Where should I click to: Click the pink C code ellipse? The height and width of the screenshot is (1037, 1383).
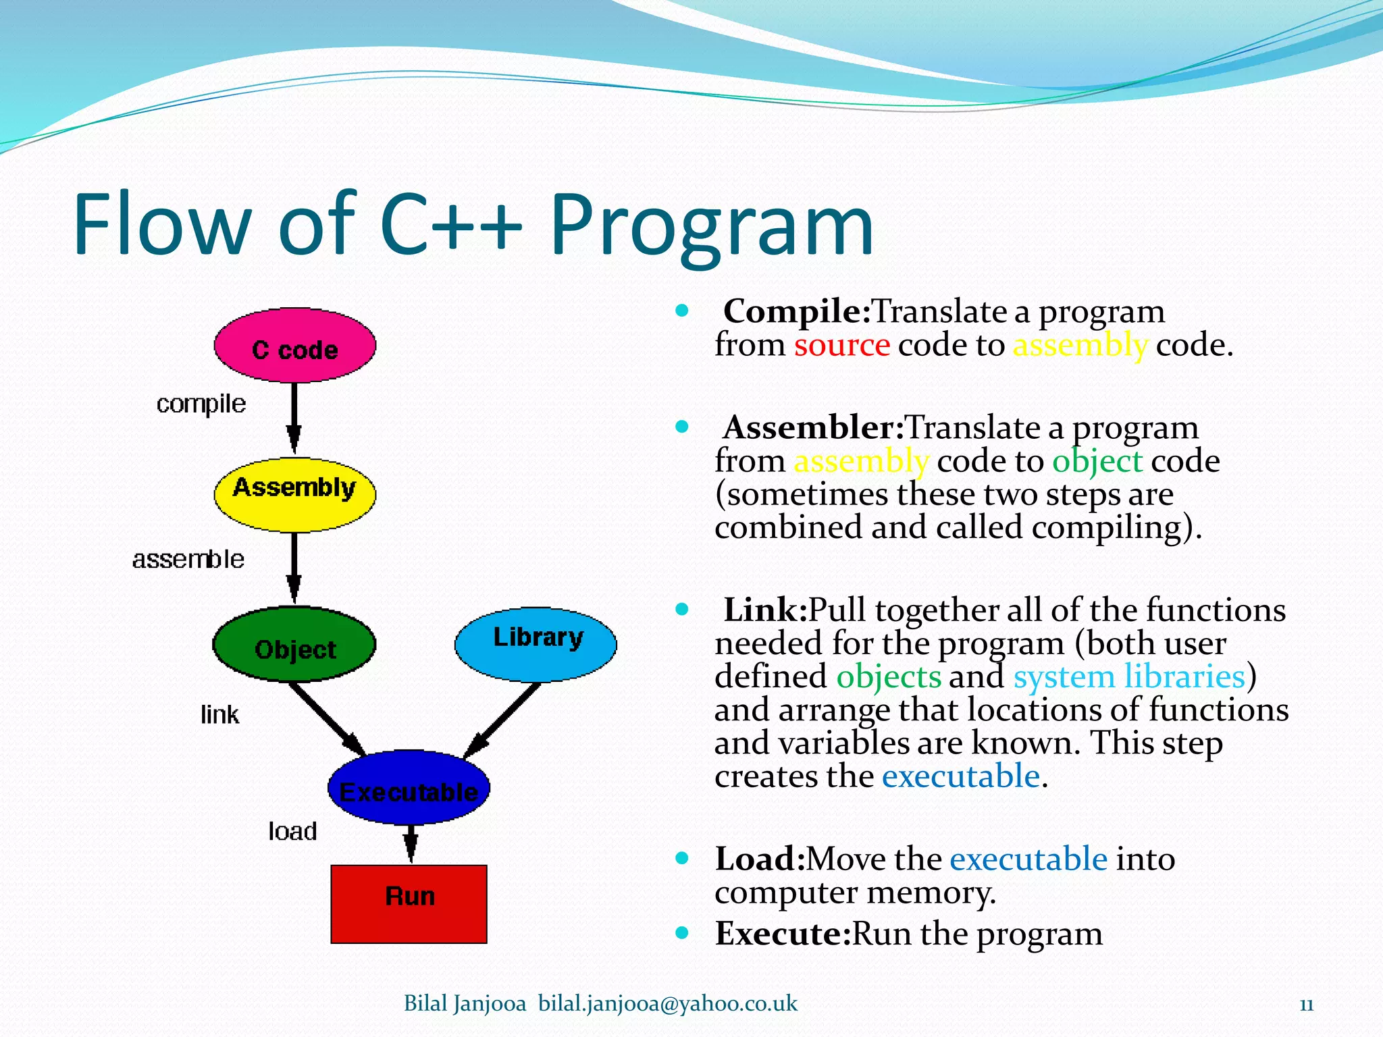[x=294, y=346]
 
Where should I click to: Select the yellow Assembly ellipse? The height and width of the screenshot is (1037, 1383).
[x=294, y=494]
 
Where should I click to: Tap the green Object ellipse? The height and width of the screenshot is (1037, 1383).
[x=294, y=644]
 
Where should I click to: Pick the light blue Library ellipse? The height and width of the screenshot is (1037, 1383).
[x=536, y=644]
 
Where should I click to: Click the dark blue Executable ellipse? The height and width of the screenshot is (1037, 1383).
[x=409, y=787]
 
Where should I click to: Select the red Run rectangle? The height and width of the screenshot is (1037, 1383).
[x=409, y=903]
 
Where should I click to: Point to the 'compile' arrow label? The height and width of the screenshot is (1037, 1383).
[x=201, y=404]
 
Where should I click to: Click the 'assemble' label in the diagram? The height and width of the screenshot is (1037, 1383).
[x=188, y=559]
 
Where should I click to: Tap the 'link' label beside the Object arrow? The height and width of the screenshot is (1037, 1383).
[x=219, y=714]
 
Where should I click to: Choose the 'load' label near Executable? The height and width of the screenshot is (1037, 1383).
[x=292, y=831]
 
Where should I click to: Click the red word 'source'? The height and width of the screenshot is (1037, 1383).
[x=841, y=345]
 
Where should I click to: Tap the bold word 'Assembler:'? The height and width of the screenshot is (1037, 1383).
[x=813, y=427]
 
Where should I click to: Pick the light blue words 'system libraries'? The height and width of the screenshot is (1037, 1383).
[x=1128, y=676]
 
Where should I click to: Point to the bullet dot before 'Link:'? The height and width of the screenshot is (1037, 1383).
[x=682, y=610]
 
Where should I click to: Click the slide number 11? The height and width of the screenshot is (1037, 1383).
[x=1306, y=1005]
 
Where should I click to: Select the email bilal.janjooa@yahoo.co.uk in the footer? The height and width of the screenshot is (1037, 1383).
[x=667, y=1004]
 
